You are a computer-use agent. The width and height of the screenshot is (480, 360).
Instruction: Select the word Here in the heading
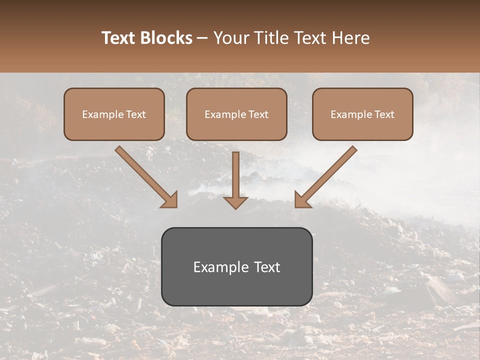[351, 38]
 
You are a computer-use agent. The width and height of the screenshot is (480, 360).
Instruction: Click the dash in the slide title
[202, 38]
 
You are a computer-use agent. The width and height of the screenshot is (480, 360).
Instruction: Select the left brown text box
[114, 114]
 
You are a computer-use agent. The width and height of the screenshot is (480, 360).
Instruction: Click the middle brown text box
[236, 114]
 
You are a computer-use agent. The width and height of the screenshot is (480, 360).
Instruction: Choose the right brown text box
[362, 114]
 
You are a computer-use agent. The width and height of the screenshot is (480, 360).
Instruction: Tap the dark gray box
[236, 266]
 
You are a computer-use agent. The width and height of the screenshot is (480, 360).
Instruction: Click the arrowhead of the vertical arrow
[235, 202]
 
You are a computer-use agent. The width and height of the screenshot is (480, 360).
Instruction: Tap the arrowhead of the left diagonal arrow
[170, 200]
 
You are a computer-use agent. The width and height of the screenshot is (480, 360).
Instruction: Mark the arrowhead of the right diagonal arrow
[301, 200]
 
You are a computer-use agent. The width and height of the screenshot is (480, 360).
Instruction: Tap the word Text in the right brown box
[384, 114]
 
